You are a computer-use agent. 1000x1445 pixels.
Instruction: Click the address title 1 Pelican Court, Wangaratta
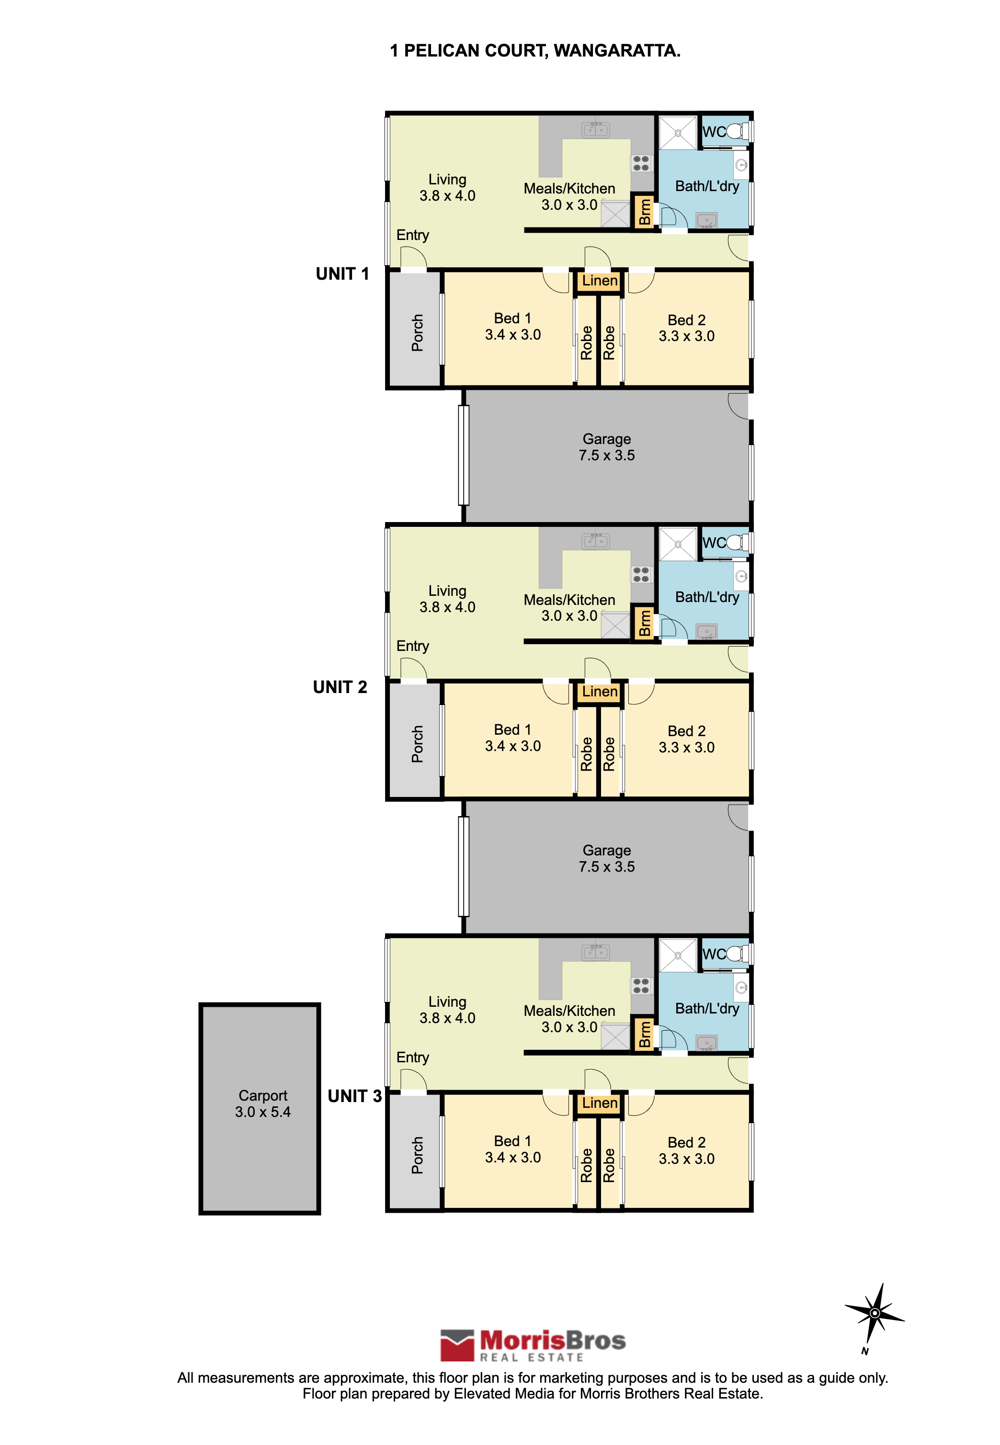coord(534,51)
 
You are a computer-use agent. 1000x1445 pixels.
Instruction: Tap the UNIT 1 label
coord(342,274)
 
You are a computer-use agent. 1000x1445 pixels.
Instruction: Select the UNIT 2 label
coord(340,687)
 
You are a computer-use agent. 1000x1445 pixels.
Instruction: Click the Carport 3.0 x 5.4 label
coord(262,1104)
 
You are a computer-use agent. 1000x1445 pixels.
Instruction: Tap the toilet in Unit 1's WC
coord(738,131)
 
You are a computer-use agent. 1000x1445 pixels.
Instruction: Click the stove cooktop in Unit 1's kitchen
coord(641,163)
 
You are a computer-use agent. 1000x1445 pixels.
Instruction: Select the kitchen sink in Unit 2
coord(595,541)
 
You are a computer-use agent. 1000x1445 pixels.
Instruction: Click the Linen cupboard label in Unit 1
coord(600,281)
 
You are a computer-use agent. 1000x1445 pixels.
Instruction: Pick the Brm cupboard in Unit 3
coord(644,1034)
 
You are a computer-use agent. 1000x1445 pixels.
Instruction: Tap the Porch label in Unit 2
coord(417,744)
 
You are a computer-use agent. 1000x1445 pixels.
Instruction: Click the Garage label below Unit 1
coord(606,447)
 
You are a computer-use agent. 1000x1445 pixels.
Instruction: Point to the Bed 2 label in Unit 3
coord(687,1150)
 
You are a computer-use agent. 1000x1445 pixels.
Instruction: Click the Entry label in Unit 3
coord(412,1058)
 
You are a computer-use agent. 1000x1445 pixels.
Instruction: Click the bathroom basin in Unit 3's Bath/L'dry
coord(707,1043)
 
